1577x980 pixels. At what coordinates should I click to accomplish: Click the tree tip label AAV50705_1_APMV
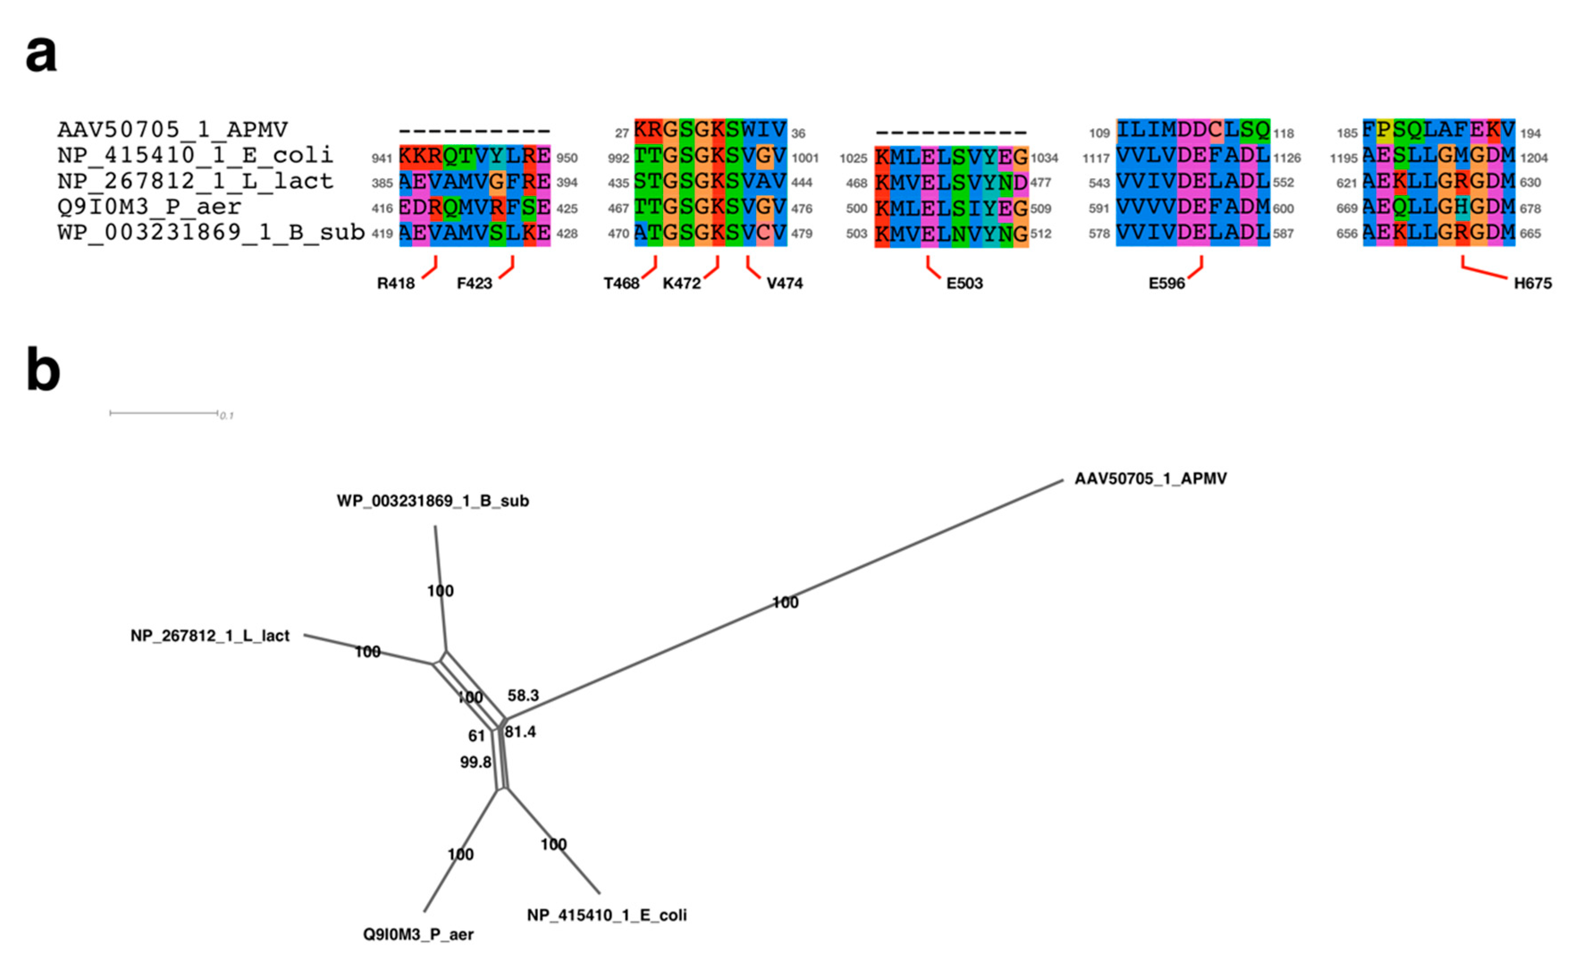click(x=1150, y=479)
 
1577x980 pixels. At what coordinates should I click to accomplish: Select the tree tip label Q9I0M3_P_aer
click(x=418, y=934)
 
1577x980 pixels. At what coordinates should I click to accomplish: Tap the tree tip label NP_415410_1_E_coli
click(x=606, y=915)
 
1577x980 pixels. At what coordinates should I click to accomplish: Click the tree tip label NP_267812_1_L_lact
click(x=210, y=636)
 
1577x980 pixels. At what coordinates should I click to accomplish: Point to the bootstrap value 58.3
click(x=523, y=695)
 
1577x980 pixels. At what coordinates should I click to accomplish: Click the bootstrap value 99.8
click(x=475, y=762)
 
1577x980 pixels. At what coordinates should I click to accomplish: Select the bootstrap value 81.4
click(x=520, y=732)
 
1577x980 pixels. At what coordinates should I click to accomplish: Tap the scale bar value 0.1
click(x=226, y=415)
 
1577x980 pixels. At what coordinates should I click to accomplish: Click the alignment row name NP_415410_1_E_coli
click(x=194, y=155)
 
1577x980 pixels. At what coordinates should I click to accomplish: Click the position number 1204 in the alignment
click(x=1534, y=158)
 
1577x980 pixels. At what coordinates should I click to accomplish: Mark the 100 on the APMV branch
click(x=785, y=603)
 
